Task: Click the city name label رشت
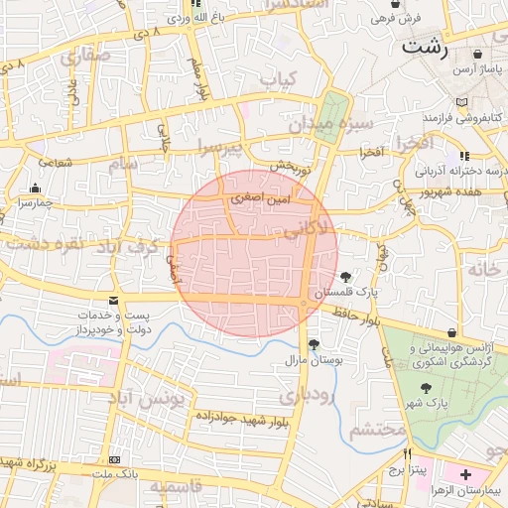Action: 426,47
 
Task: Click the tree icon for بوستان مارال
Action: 315,344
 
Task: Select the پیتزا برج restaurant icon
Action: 394,453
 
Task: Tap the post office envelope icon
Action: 114,300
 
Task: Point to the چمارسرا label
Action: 37,188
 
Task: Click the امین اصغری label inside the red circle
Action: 260,198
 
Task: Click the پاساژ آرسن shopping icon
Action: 479,55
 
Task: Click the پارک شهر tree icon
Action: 426,388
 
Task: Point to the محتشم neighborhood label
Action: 378,429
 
